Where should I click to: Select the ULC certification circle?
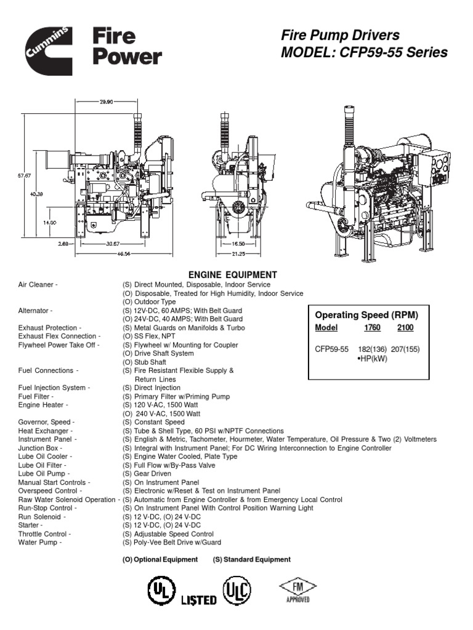click(x=238, y=589)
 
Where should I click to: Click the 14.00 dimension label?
click(x=49, y=223)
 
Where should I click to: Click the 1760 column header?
click(x=371, y=328)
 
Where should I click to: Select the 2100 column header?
click(x=406, y=328)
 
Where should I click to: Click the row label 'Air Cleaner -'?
click(x=38, y=285)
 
